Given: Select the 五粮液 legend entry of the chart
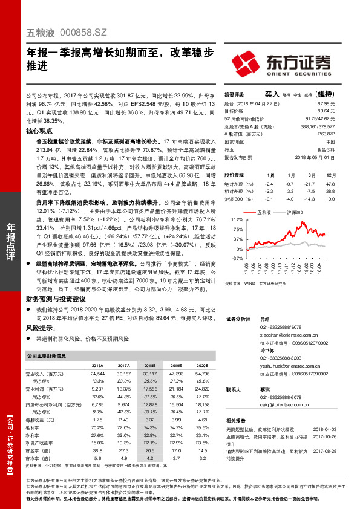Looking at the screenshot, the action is (x=264, y=213).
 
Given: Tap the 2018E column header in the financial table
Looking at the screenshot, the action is (x=149, y=366).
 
